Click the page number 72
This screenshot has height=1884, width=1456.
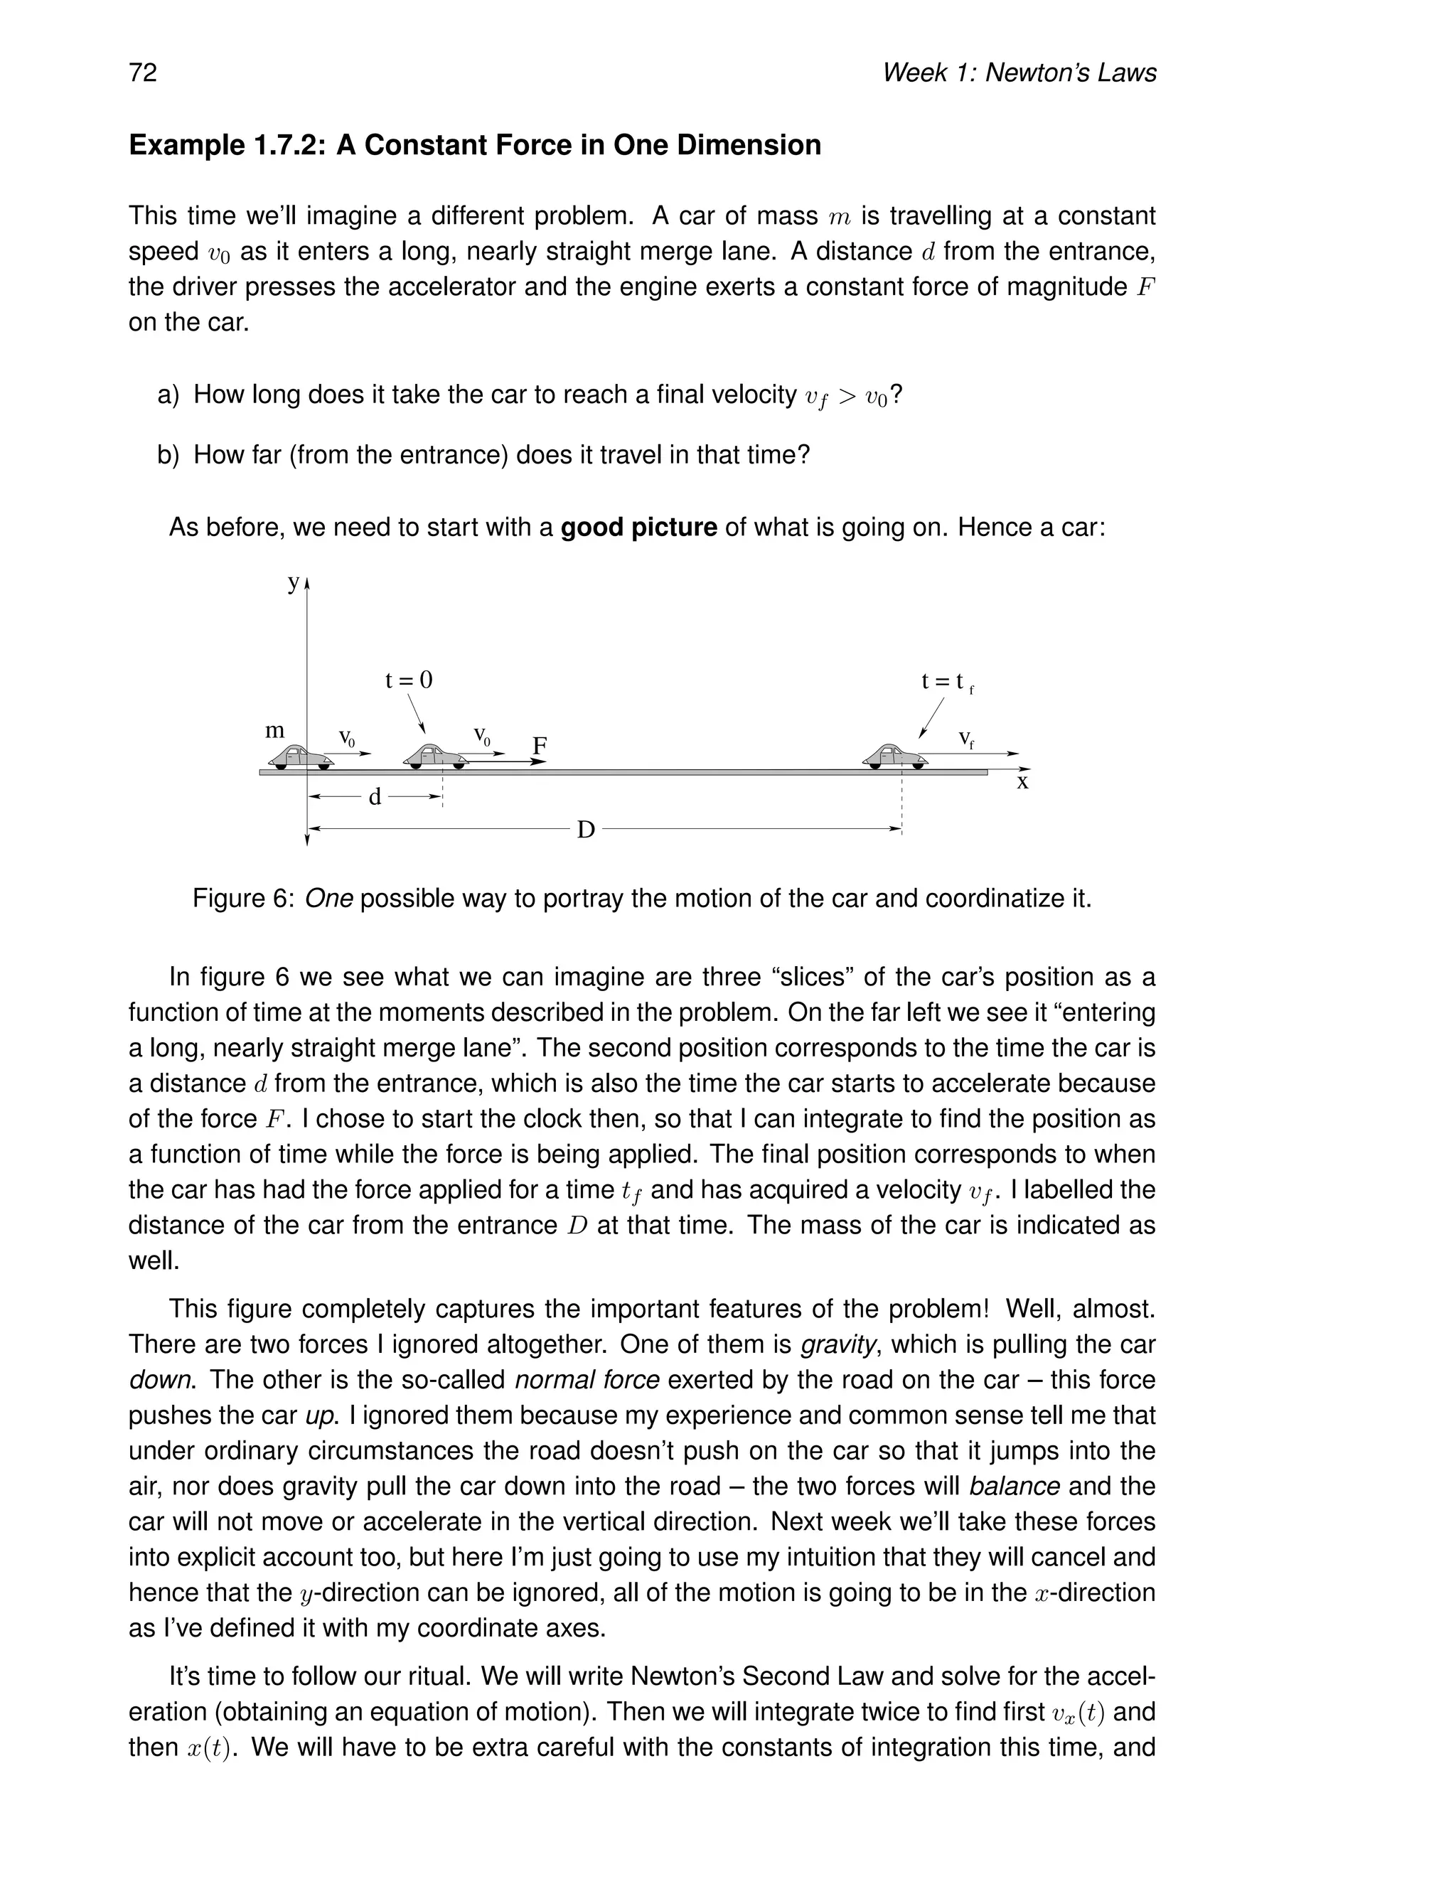[x=143, y=73]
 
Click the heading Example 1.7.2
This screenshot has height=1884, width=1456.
[x=474, y=145]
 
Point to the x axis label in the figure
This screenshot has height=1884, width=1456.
[x=1022, y=783]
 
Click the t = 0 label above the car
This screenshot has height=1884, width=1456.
[x=409, y=680]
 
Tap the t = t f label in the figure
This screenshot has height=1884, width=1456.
[x=946, y=683]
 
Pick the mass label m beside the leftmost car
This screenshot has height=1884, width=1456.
[x=274, y=731]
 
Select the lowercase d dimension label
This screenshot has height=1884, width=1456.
[x=375, y=797]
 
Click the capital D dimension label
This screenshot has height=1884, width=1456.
[x=586, y=830]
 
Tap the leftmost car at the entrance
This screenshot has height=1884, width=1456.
[x=300, y=756]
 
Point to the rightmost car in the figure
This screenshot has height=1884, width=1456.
[x=894, y=756]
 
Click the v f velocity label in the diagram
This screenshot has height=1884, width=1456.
[x=966, y=739]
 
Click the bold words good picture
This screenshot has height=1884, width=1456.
[x=638, y=527]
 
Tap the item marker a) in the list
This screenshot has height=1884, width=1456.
[x=168, y=395]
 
